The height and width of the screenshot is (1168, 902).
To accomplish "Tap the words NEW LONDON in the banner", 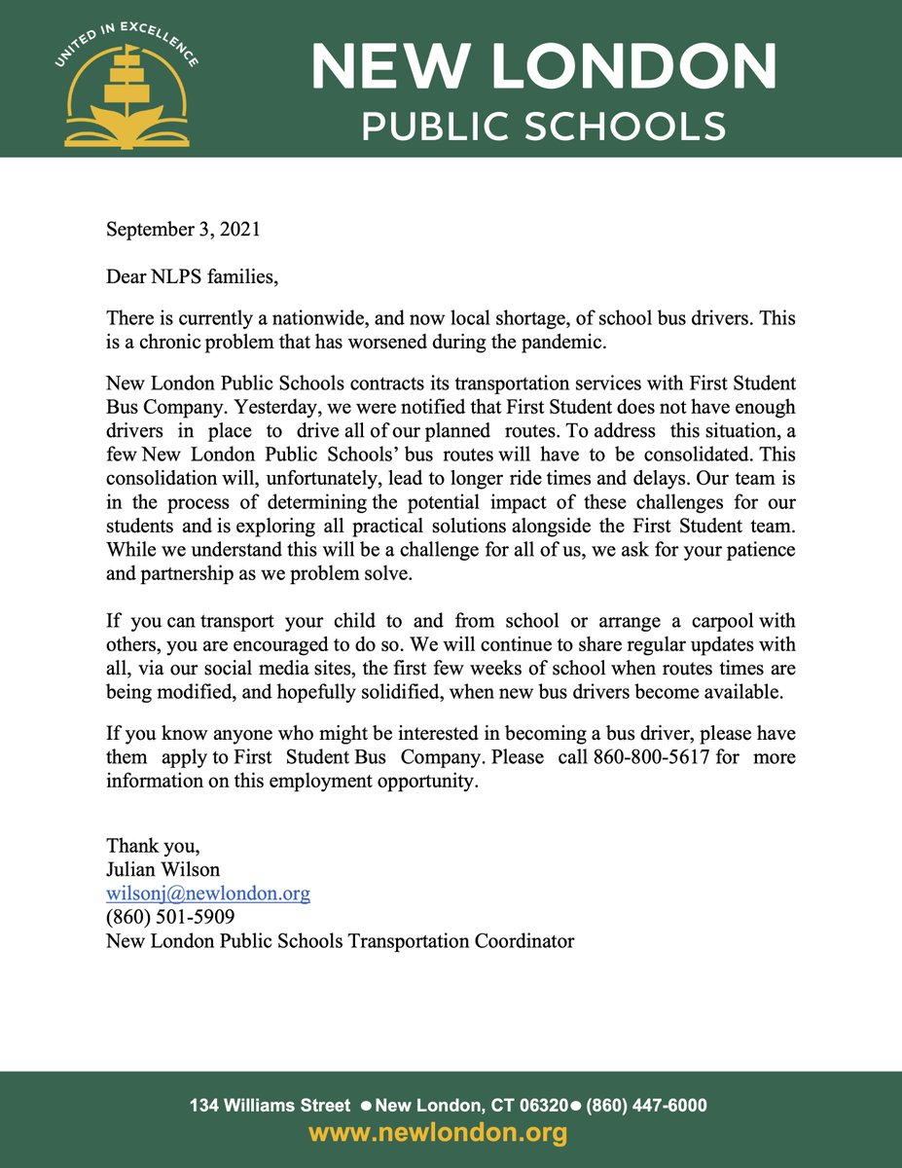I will pos(543,67).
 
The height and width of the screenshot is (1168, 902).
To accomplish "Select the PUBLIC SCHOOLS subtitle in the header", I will pos(543,126).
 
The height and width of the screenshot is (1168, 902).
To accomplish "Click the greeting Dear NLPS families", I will pos(192,277).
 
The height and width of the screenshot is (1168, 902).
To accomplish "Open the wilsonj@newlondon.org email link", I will pos(208,894).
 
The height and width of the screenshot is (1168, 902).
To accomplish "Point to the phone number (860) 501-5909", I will pos(170,917).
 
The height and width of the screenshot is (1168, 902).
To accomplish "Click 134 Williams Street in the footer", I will pos(270,1106).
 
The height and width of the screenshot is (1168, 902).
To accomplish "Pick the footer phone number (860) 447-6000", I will pos(646,1106).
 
